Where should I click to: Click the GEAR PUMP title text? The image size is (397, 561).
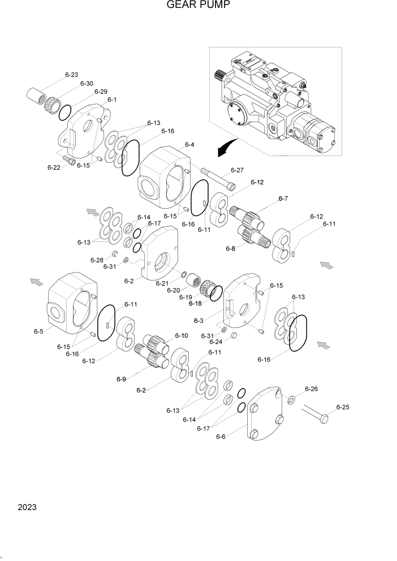pos(198,6)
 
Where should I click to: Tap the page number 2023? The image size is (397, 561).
pos(27,507)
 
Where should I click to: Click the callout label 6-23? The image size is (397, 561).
pos(72,74)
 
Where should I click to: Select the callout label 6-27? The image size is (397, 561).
pos(237,170)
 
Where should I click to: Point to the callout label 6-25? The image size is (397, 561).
pos(343,407)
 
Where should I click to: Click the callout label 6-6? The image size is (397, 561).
pos(221,436)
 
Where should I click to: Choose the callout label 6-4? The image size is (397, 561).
pos(189,145)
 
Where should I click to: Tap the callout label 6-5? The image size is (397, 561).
pos(38,331)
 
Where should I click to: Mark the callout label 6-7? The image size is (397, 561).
pos(283,198)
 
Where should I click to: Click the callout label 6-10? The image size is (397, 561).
pos(181,335)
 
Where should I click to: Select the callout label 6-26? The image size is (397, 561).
pos(311,389)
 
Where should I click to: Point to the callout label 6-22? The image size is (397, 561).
pos(54,167)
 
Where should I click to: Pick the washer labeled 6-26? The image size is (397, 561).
pos(291,401)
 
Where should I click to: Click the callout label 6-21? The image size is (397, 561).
pos(162,283)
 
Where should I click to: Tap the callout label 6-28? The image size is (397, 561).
pos(97,260)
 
